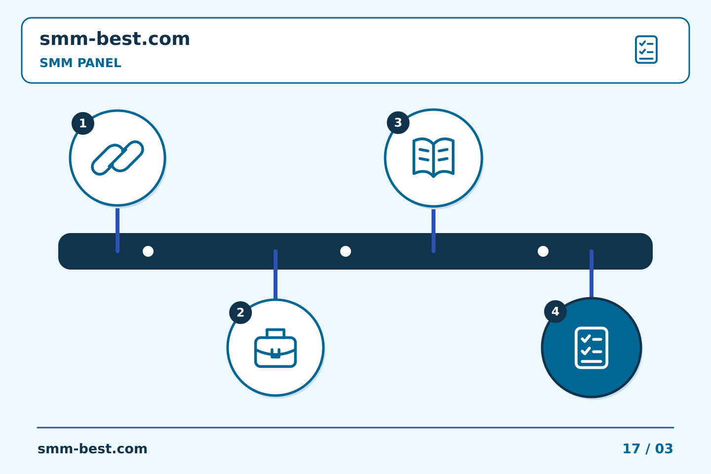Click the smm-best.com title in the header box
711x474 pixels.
(x=115, y=39)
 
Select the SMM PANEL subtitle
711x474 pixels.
(x=80, y=63)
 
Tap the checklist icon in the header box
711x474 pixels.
(x=646, y=49)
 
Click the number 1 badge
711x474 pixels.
(x=83, y=123)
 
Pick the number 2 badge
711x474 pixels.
(x=240, y=313)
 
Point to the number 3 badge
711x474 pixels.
(x=398, y=122)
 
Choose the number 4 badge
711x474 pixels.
(x=555, y=312)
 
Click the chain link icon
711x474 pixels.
(x=118, y=158)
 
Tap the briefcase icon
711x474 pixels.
(x=276, y=348)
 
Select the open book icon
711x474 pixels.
(x=434, y=158)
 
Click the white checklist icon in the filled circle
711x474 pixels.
(x=592, y=348)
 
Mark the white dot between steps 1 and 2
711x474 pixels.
(x=148, y=251)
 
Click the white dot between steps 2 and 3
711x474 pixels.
(x=346, y=251)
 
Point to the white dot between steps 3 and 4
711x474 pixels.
(x=543, y=251)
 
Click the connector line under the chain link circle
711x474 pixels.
(x=118, y=230)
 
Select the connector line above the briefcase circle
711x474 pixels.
(x=276, y=275)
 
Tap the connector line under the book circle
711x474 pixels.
(x=434, y=231)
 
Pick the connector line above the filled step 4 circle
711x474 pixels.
(x=592, y=274)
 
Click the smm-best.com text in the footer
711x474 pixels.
(x=92, y=449)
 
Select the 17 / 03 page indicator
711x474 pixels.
(x=647, y=449)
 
